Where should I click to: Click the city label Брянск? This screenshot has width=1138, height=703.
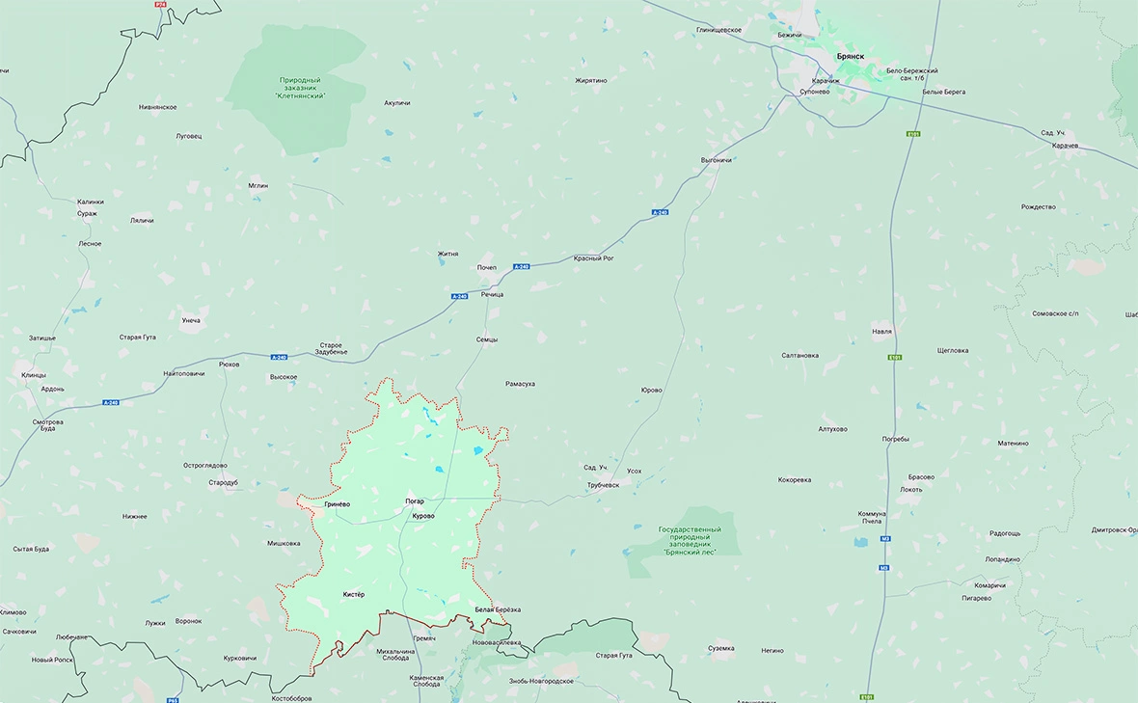[x=850, y=57]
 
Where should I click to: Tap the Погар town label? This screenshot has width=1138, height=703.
[x=415, y=500]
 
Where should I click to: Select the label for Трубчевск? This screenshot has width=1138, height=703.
[x=603, y=485]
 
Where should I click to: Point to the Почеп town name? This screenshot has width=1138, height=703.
[x=486, y=267]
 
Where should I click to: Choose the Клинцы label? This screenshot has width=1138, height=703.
[x=34, y=374]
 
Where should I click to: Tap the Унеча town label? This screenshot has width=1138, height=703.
[x=191, y=320]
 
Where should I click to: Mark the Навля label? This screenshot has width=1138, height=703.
[x=881, y=331]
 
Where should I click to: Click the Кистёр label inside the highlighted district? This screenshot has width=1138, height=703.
[x=354, y=594]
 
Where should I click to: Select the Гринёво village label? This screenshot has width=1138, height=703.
[x=338, y=504]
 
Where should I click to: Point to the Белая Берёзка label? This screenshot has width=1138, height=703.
[x=498, y=609]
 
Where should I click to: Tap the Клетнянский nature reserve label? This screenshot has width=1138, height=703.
[x=301, y=88]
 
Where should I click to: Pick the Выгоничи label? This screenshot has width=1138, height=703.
[x=716, y=159]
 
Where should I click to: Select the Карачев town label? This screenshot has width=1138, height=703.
[x=1065, y=146]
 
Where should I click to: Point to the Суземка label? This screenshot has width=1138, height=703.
[x=720, y=648]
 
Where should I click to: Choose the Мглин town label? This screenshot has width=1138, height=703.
[x=257, y=185]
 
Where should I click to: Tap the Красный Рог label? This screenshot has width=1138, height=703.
[x=594, y=258]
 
